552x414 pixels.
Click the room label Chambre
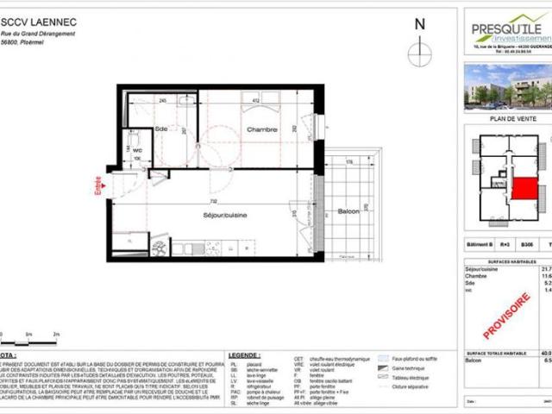(260, 129)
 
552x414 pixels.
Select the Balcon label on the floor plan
(348, 211)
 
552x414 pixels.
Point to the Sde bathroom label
(161, 129)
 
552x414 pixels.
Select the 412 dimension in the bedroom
(256, 101)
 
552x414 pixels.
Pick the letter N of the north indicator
(420, 26)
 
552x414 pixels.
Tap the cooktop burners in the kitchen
(160, 248)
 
